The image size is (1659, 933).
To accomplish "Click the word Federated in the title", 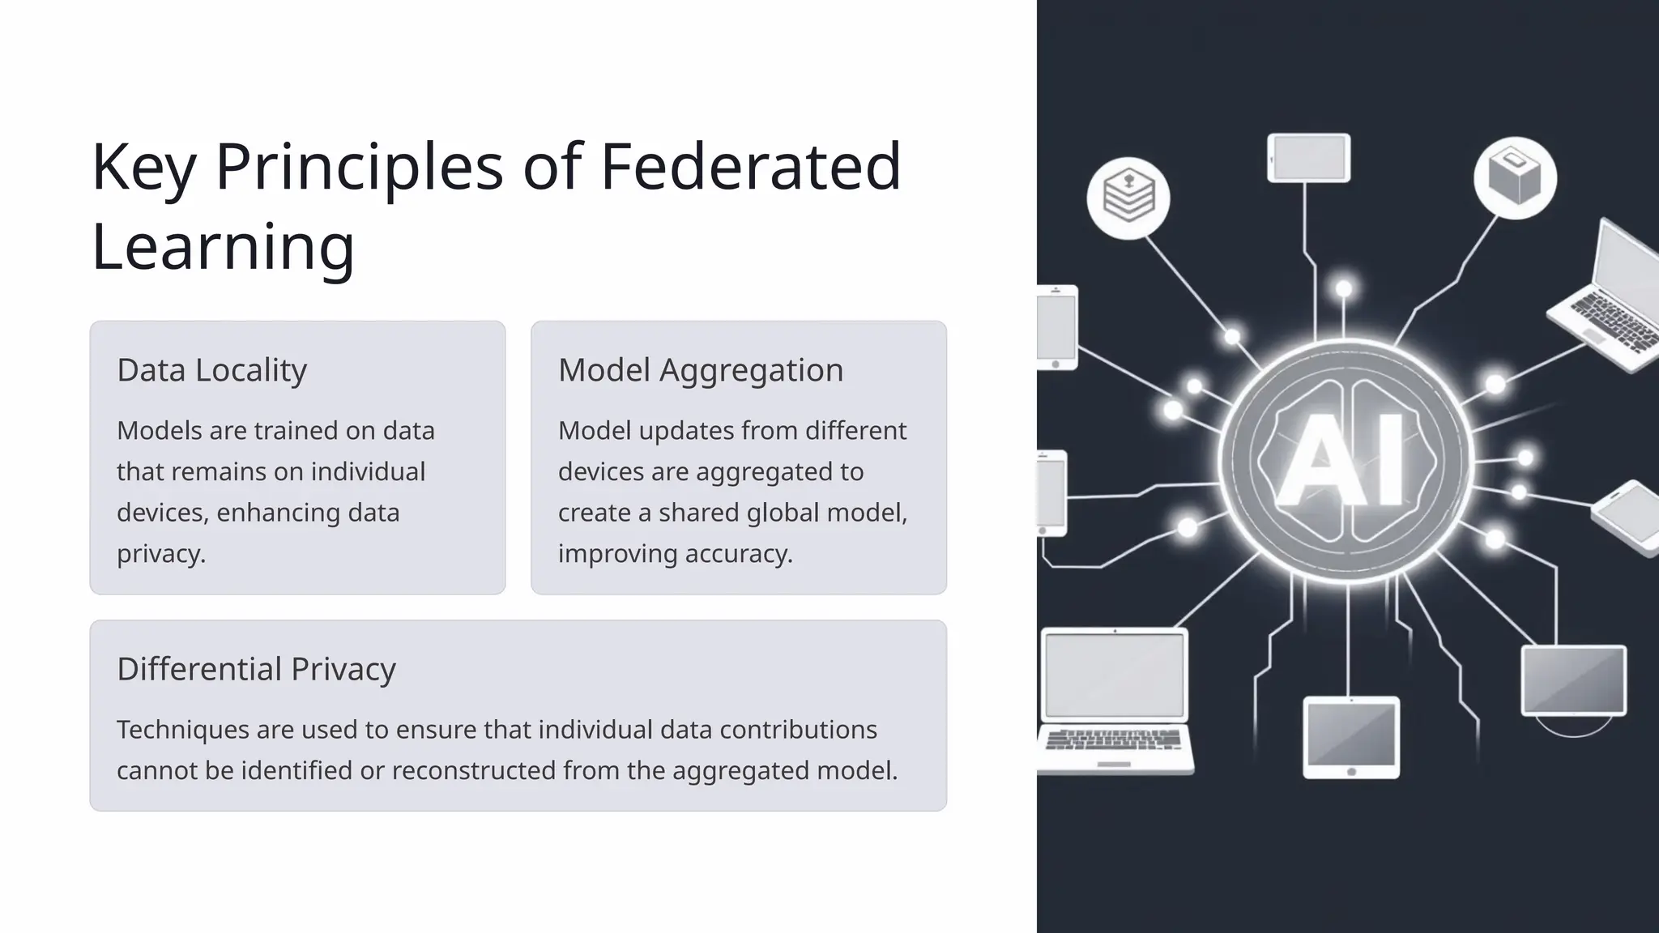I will click(750, 166).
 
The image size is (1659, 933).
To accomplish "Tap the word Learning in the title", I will click(223, 246).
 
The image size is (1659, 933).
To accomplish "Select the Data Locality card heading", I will click(211, 370).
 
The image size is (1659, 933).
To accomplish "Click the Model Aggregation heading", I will click(701, 370).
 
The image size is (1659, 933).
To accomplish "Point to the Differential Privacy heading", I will click(256, 669).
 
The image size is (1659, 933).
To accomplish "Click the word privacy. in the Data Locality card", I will click(161, 554).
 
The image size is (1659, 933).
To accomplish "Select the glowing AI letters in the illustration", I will click(1341, 460).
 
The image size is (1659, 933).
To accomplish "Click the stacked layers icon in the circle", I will click(1128, 197).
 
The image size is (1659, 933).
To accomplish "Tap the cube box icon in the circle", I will click(1515, 177).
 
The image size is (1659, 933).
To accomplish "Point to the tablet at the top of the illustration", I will click(1308, 157).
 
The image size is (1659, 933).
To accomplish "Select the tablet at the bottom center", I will click(1350, 737).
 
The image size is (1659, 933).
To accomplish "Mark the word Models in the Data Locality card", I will click(159, 431).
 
